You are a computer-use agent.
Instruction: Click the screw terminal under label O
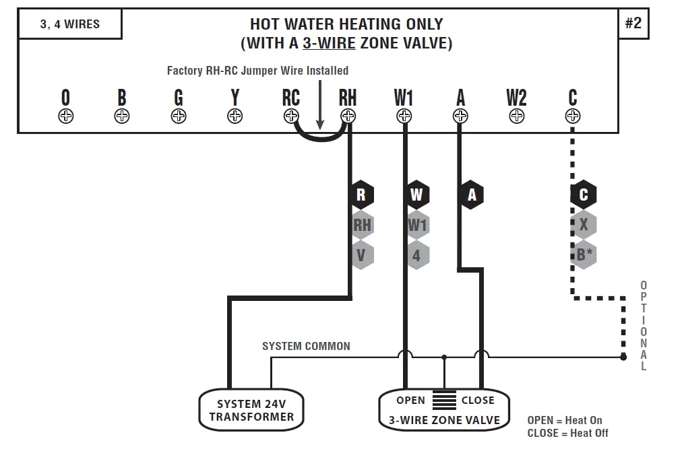click(x=65, y=116)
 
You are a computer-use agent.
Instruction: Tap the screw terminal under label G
click(x=179, y=116)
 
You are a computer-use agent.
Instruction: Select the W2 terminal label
click(x=516, y=98)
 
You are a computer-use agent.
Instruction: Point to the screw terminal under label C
click(x=573, y=116)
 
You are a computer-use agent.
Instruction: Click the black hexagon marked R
click(x=361, y=195)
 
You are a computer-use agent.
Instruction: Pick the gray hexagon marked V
click(x=362, y=256)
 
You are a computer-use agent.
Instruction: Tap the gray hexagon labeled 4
click(x=417, y=256)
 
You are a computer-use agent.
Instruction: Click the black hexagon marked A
click(x=472, y=195)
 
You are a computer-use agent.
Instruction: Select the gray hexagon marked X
click(x=584, y=225)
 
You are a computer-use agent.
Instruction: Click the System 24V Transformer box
click(x=251, y=411)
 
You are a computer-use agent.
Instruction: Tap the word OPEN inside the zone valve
click(x=410, y=401)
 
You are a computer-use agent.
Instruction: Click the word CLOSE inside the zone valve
click(x=478, y=401)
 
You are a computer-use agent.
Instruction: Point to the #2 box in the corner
click(x=633, y=24)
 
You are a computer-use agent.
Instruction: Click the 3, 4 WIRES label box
click(x=70, y=24)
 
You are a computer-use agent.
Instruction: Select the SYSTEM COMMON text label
click(x=306, y=346)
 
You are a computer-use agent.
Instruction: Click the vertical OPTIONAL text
click(x=644, y=326)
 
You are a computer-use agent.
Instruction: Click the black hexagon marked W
click(x=417, y=195)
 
